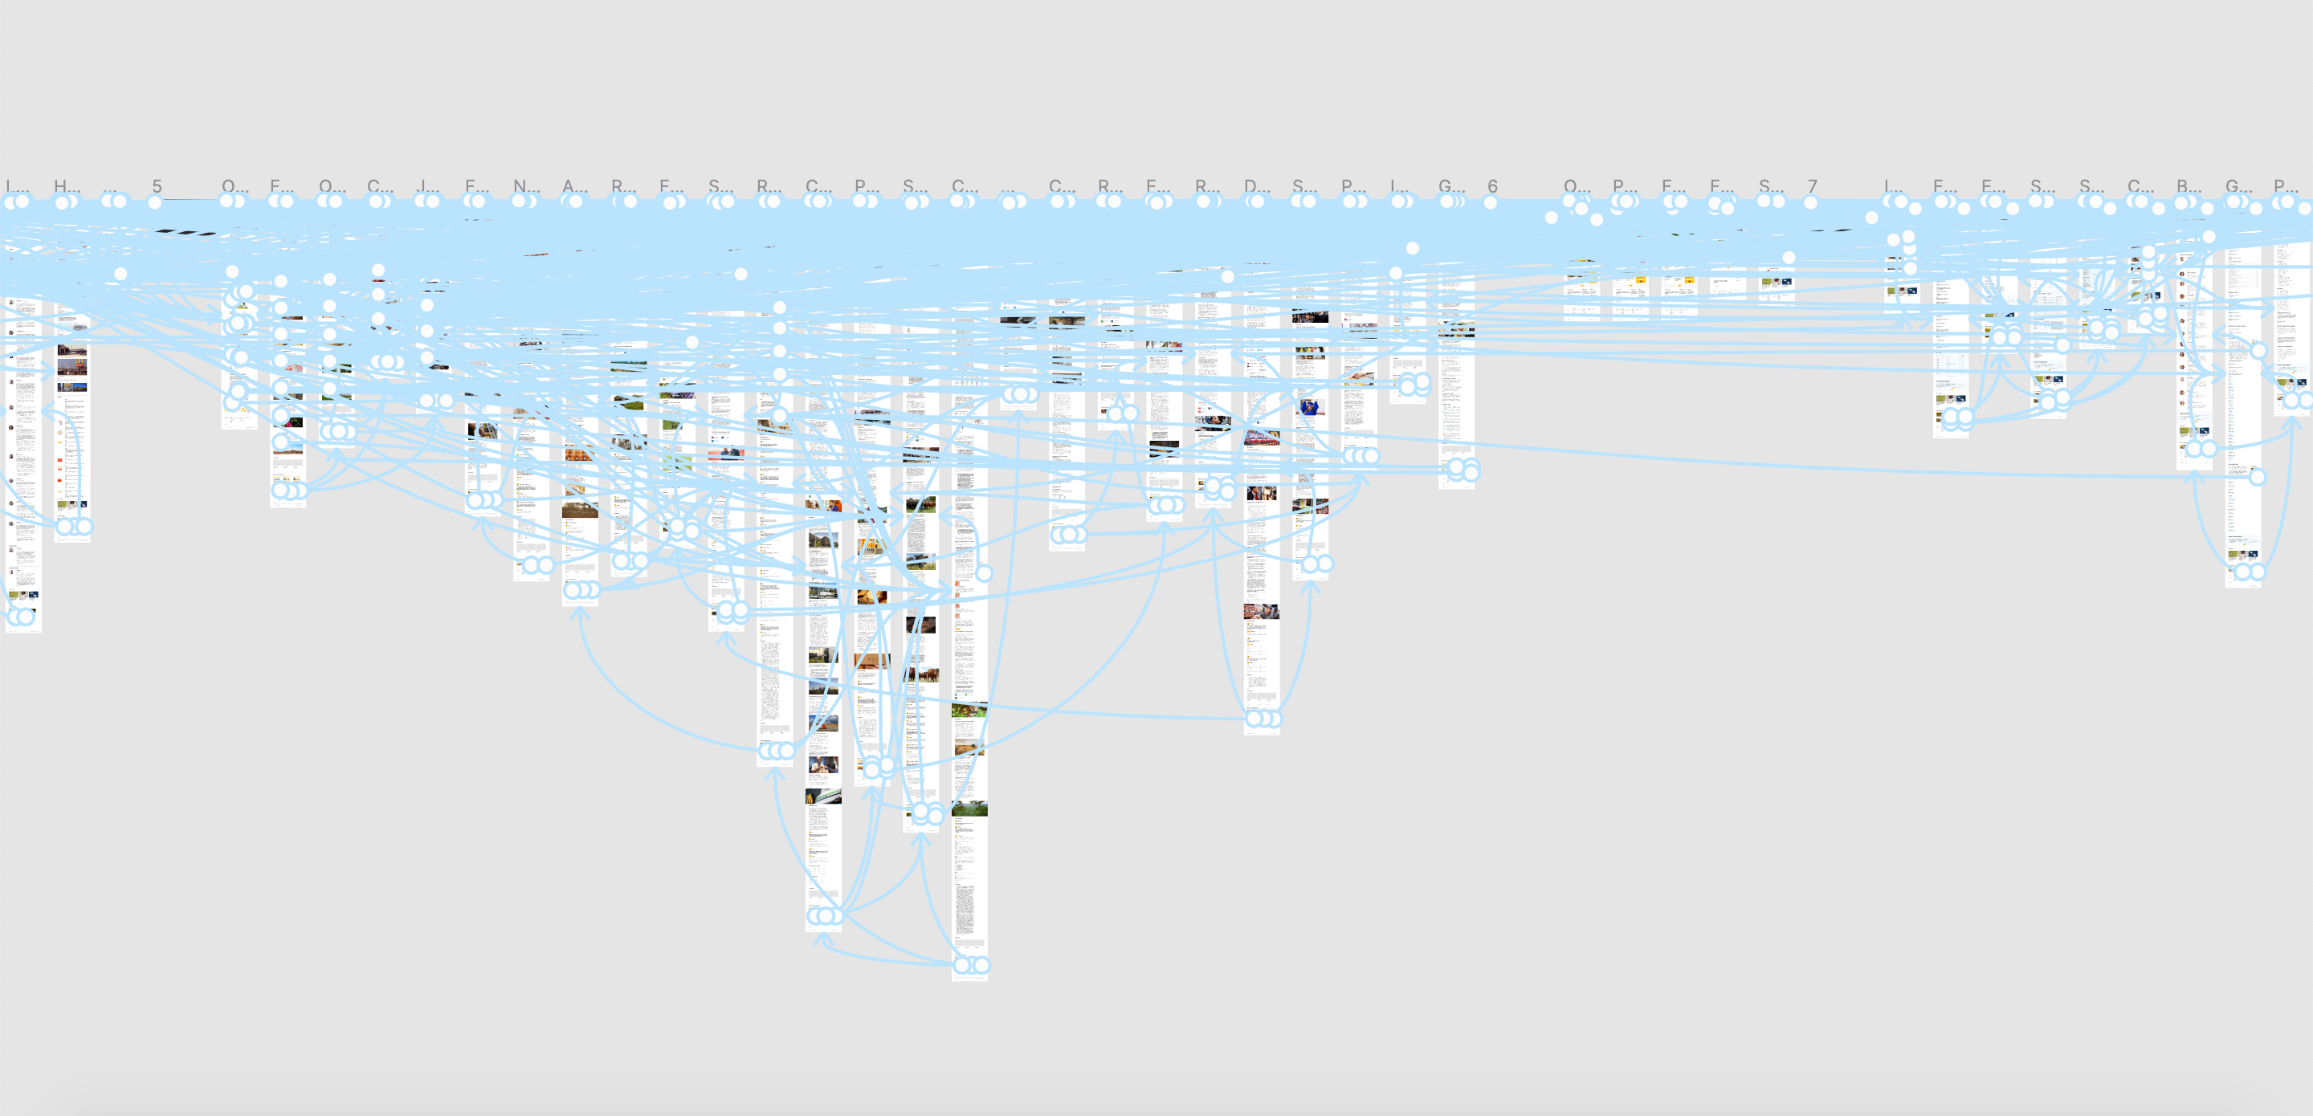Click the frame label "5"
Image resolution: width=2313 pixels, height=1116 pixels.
point(157,185)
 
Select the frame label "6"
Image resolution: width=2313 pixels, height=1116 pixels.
point(1492,185)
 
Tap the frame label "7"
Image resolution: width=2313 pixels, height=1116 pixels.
point(1812,185)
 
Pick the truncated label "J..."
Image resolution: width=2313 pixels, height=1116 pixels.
point(428,185)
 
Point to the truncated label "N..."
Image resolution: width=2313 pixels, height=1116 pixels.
point(526,185)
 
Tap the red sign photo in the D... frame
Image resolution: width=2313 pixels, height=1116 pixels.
point(1261,438)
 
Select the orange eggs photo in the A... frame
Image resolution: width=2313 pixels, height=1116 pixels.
point(579,454)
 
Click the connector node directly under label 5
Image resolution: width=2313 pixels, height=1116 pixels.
point(154,203)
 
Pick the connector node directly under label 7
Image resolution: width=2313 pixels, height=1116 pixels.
point(1811,203)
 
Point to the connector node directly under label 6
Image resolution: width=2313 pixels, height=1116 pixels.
point(1491,203)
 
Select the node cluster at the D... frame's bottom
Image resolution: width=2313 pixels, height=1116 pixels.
point(1263,719)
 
